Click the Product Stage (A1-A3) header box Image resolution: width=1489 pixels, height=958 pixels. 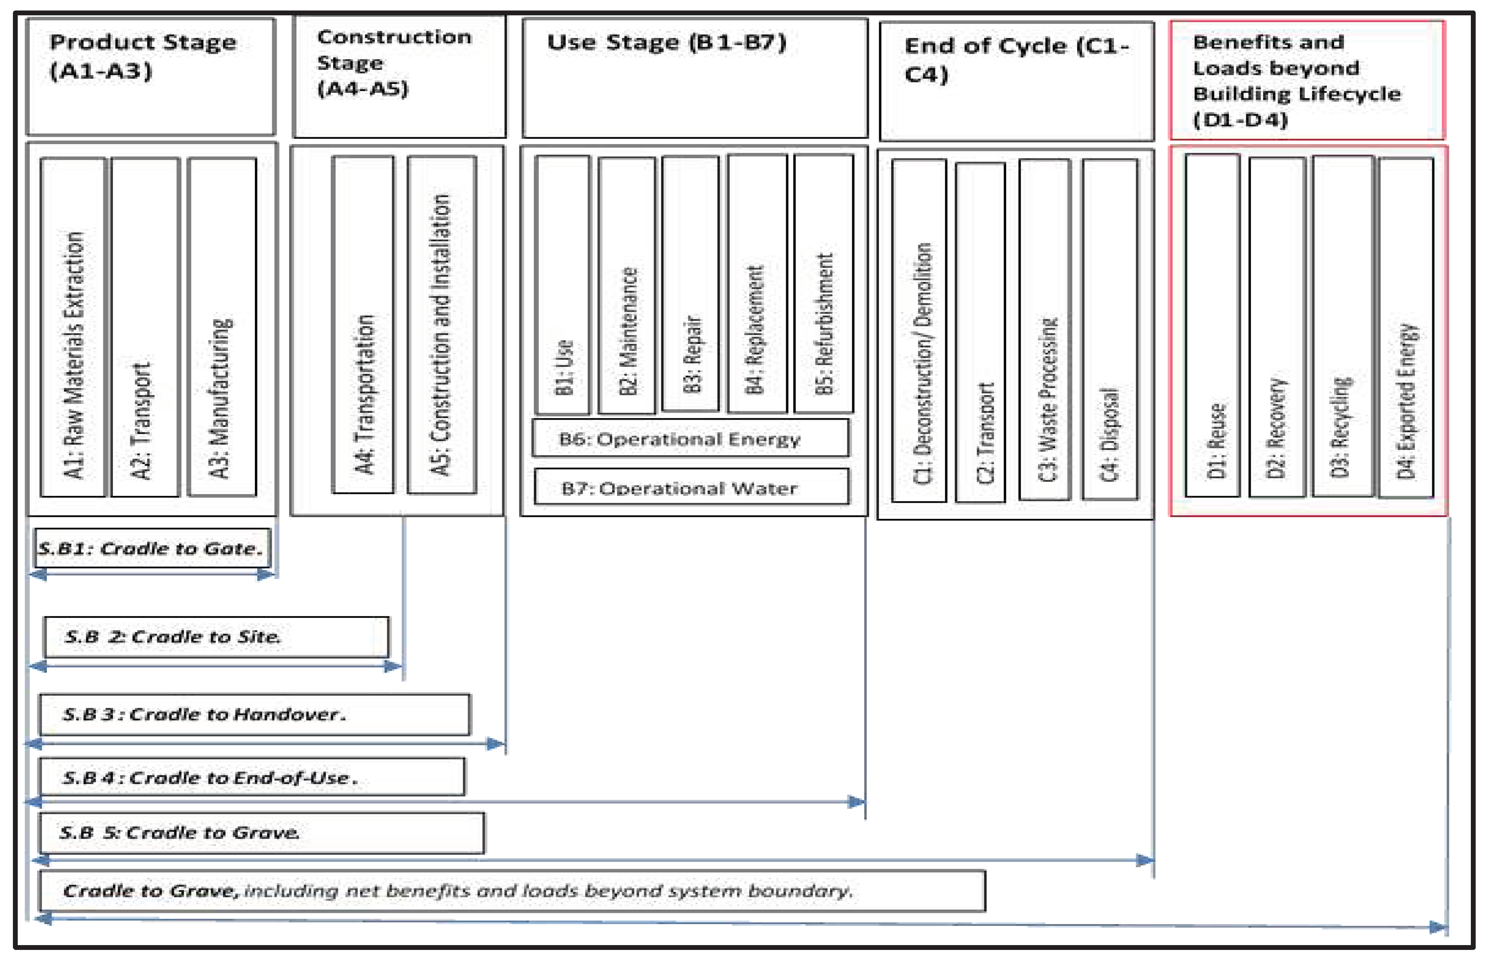click(150, 76)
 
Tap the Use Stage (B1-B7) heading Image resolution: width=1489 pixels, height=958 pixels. click(694, 77)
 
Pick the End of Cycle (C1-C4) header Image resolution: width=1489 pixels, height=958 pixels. click(1016, 81)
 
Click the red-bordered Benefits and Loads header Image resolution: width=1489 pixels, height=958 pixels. click(1306, 79)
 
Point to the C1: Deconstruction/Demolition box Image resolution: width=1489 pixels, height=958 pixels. click(919, 330)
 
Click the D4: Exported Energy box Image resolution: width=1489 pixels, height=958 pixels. click(1406, 327)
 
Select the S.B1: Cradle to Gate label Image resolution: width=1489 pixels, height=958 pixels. click(152, 548)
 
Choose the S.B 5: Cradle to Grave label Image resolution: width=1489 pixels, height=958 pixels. click(261, 832)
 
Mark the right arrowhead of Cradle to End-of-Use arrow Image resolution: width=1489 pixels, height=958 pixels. click(856, 802)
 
